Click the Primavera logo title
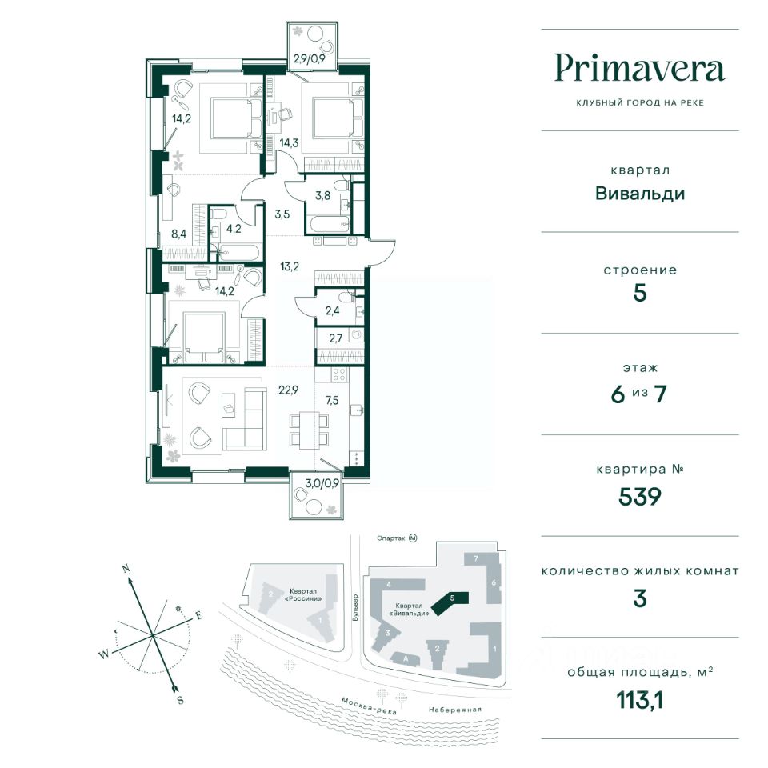[640, 70]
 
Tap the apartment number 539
[640, 497]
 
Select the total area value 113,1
[640, 701]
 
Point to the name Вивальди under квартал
[640, 194]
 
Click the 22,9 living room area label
[289, 390]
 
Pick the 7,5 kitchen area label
[332, 400]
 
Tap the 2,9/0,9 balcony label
[309, 58]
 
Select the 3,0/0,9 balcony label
[322, 483]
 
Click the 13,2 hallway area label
[290, 266]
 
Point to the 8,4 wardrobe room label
[178, 234]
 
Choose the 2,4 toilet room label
[332, 310]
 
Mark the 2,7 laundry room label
[335, 338]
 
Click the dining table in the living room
[309, 430]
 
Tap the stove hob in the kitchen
[339, 375]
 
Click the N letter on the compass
[126, 569]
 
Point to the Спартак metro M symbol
[413, 538]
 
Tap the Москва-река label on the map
[368, 706]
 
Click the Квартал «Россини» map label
[304, 594]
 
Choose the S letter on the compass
[180, 700]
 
